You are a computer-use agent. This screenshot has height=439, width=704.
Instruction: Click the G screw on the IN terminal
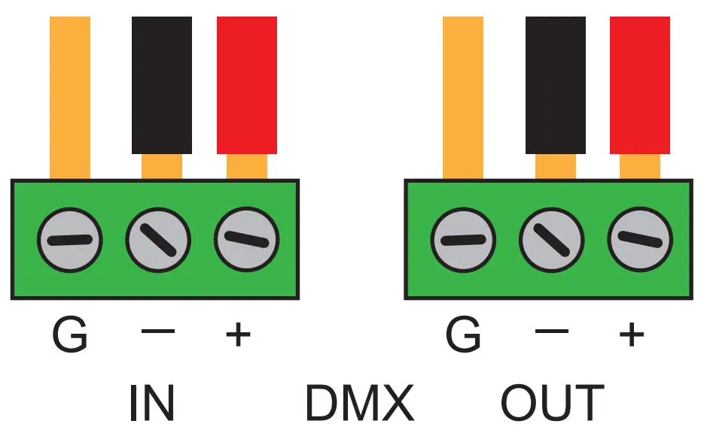pos(70,241)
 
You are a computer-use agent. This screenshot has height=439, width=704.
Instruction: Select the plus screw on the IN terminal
pos(246,241)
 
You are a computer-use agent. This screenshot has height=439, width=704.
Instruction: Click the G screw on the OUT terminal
pos(463,241)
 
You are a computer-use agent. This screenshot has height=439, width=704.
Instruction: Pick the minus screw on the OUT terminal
pos(552,241)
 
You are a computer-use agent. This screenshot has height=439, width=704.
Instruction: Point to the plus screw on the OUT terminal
pos(640,241)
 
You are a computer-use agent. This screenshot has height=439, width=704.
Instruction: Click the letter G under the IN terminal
pos(70,335)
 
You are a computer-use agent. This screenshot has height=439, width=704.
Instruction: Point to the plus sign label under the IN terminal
pos(238,335)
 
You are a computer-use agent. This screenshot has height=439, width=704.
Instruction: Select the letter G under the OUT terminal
pos(463,335)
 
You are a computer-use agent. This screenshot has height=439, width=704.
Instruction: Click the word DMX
pos(359,403)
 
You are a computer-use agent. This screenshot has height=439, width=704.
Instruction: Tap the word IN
pos(153,403)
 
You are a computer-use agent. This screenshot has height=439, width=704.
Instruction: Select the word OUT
pos(553,403)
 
